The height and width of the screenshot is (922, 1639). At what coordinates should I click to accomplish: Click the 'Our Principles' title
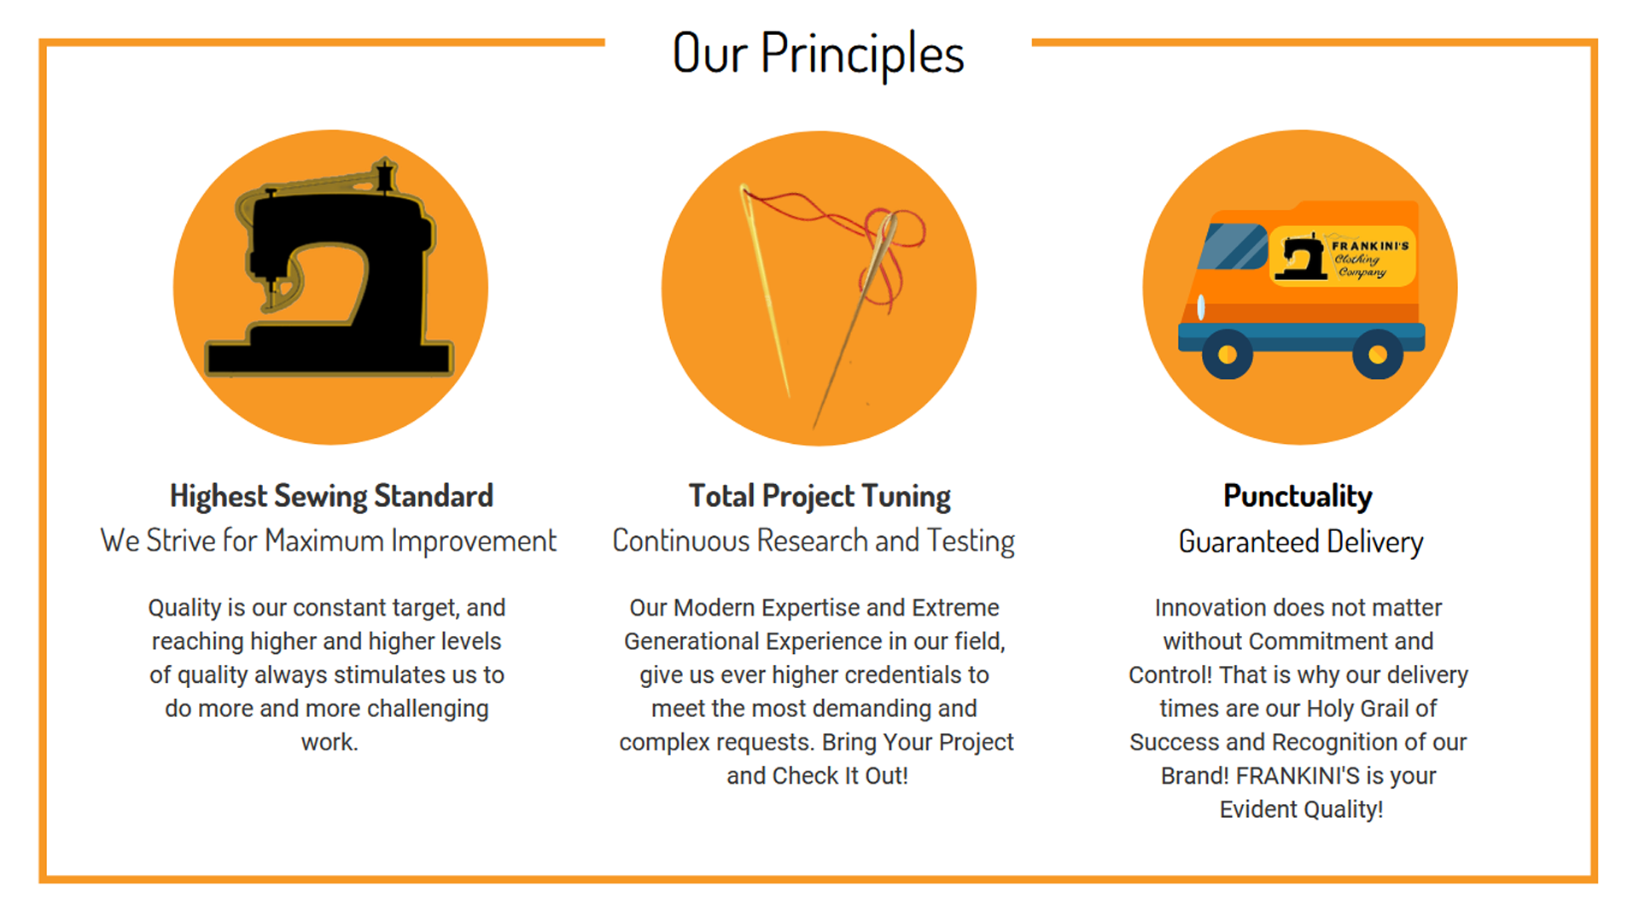coord(818,53)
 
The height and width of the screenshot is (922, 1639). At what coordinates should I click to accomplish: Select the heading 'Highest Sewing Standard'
coord(331,496)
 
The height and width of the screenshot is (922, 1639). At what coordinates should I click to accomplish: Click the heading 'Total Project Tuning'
coord(819,496)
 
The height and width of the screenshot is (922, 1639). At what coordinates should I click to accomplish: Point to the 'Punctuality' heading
coord(1298,496)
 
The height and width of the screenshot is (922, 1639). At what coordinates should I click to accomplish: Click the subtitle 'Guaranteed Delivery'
coord(1301,542)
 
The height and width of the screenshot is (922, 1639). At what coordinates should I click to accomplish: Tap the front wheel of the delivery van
coord(1228,354)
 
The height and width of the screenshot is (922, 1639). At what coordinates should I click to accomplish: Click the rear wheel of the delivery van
coord(1378,354)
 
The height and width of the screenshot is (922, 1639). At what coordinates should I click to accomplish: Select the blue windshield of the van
coord(1232,247)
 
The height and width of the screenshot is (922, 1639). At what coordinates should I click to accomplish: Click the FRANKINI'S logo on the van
coord(1343,256)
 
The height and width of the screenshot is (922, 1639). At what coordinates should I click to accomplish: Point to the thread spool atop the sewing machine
coord(384,176)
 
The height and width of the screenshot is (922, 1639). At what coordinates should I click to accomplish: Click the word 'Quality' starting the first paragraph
coord(184,609)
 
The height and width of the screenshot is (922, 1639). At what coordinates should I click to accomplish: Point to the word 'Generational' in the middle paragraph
coord(691,642)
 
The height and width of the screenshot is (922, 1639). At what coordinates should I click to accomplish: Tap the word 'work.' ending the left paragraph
coord(330,743)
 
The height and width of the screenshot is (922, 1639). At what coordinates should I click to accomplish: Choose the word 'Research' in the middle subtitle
coord(813,541)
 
